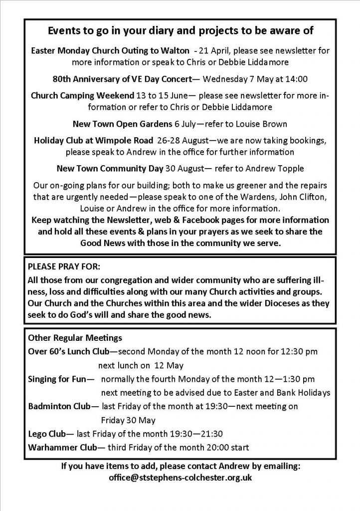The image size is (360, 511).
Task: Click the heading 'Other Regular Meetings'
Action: tap(68, 338)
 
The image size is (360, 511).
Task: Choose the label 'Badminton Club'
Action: tap(61, 406)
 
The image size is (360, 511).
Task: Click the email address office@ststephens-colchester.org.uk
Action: tap(180, 478)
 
